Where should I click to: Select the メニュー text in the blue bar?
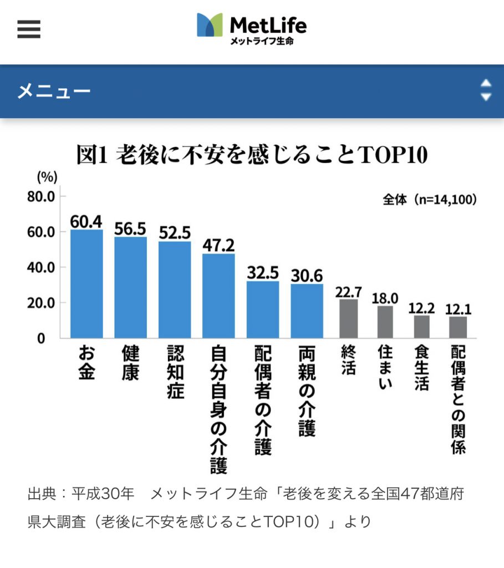click(x=53, y=91)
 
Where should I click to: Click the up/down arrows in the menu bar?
click(x=486, y=90)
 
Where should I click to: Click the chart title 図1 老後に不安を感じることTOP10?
click(x=252, y=156)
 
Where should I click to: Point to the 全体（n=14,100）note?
click(x=430, y=200)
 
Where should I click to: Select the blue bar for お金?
click(x=86, y=283)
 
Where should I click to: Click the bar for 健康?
click(x=130, y=287)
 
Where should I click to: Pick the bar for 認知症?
click(x=175, y=289)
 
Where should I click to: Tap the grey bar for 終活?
click(x=349, y=318)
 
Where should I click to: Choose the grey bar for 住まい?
click(x=385, y=322)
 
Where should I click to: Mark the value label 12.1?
click(x=458, y=308)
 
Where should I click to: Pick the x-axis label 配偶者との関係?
click(x=458, y=399)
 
